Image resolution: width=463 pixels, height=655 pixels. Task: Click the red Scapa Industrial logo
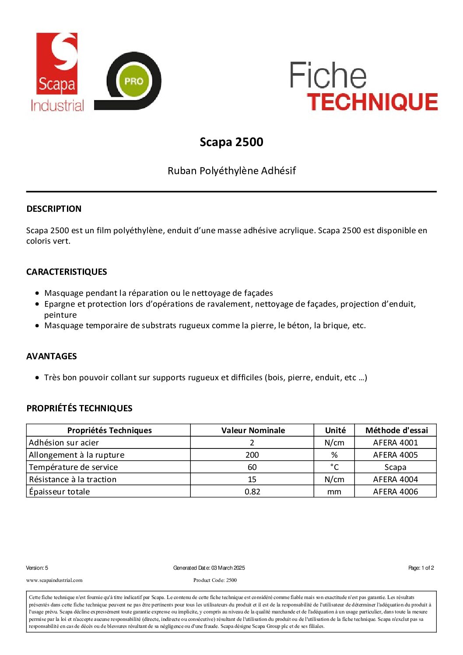pyautogui.click(x=57, y=72)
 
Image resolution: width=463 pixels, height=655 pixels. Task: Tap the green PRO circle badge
pyautogui.click(x=133, y=81)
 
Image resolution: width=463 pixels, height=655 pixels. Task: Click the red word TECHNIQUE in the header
pyautogui.click(x=372, y=102)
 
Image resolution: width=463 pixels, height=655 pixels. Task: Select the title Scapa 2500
pyautogui.click(x=231, y=142)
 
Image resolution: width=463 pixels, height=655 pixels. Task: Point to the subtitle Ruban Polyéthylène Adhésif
pyautogui.click(x=231, y=171)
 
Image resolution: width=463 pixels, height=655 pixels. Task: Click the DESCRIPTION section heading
pyautogui.click(x=54, y=209)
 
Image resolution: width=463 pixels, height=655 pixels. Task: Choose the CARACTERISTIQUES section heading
pyautogui.click(x=67, y=272)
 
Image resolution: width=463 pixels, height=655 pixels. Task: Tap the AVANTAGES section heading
pyautogui.click(x=52, y=356)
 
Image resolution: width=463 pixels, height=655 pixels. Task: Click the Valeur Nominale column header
pyautogui.click(x=253, y=430)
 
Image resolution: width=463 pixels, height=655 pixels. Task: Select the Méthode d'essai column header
pyautogui.click(x=396, y=430)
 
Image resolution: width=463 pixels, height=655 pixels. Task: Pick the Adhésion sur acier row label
pyautogui.click(x=64, y=442)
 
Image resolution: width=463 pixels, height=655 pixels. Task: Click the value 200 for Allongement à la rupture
pyautogui.click(x=252, y=455)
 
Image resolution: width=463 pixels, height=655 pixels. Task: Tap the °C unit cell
pyautogui.click(x=334, y=467)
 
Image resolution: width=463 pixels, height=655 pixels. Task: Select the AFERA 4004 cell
pyautogui.click(x=396, y=479)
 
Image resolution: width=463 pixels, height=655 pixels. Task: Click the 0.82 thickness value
pyautogui.click(x=253, y=491)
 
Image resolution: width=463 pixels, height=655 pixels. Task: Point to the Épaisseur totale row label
pyautogui.click(x=60, y=491)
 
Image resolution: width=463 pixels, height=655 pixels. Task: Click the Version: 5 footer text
pyautogui.click(x=37, y=568)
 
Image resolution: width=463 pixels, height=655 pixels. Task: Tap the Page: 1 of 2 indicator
pyautogui.click(x=421, y=568)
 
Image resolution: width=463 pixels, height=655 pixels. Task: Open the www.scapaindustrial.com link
pyautogui.click(x=54, y=580)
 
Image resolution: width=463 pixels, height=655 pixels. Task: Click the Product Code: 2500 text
pyautogui.click(x=215, y=580)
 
